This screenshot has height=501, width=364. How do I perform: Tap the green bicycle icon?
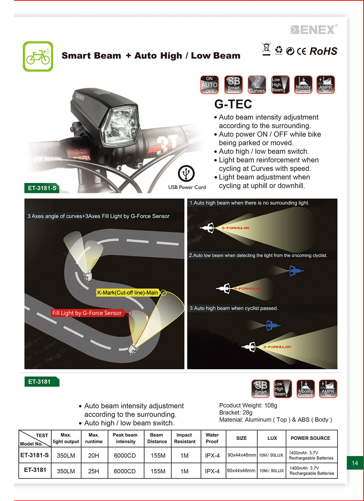pos(38,56)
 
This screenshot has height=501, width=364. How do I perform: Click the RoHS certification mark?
pos(323,51)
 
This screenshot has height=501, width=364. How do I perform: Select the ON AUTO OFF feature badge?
pos(209,85)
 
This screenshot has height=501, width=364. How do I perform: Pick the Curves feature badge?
pos(257,85)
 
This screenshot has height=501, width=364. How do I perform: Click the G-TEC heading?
pos(233,104)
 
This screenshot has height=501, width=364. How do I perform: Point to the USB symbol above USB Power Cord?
pos(186,173)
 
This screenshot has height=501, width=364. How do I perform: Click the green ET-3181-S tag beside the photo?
pos(42,188)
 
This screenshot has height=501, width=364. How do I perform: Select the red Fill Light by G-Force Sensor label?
pos(87,313)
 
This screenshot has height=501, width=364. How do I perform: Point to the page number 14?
pos(355,463)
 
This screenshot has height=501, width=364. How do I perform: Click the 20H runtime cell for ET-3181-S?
pos(94,455)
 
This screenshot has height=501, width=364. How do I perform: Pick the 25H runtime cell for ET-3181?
pos(94,471)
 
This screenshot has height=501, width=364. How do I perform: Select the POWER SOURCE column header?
pos(310,438)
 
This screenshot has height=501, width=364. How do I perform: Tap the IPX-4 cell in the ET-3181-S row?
pos(212,455)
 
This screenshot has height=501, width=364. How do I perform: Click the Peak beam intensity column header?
pos(125,438)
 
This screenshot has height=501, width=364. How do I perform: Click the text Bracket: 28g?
pos(236,413)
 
